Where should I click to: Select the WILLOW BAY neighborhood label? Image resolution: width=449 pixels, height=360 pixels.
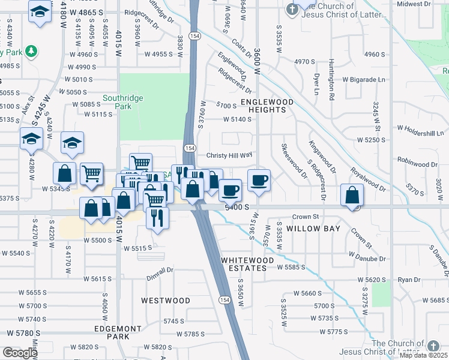coord(313,229)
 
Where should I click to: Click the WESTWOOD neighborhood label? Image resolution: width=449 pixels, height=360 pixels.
coord(166,300)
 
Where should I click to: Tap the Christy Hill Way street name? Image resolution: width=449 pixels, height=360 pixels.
coord(229,155)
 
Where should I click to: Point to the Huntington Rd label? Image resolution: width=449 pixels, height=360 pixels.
coord(331,79)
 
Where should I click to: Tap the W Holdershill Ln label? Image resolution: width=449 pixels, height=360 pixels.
coord(423,128)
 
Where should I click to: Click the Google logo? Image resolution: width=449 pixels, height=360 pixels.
coord(20,352)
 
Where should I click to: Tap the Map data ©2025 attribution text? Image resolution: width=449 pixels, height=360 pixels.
coord(424,355)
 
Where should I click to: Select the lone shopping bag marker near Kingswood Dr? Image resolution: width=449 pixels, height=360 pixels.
coord(352,195)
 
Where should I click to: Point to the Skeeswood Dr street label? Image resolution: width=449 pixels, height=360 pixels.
coord(294,161)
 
